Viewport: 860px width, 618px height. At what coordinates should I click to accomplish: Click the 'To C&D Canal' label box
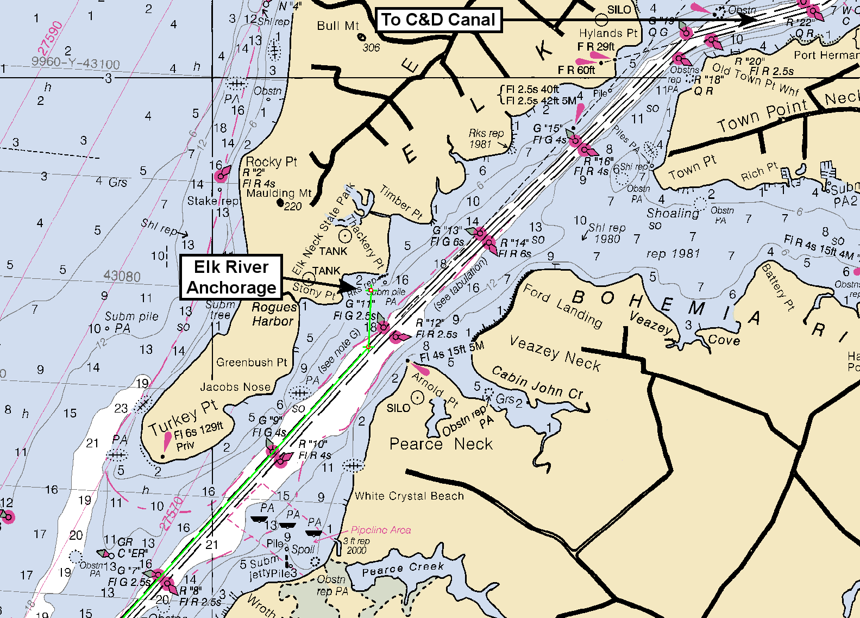pyautogui.click(x=438, y=20)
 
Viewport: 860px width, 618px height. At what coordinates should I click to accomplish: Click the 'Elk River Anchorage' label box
pyautogui.click(x=231, y=277)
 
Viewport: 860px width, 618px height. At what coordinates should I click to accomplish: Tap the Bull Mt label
pyautogui.click(x=338, y=26)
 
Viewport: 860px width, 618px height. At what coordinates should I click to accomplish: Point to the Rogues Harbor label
pyautogui.click(x=274, y=314)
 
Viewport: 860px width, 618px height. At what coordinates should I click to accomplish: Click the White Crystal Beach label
pyautogui.click(x=409, y=496)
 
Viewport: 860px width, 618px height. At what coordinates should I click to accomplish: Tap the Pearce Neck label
pyautogui.click(x=441, y=444)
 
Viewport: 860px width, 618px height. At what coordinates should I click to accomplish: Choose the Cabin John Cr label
pyautogui.click(x=537, y=382)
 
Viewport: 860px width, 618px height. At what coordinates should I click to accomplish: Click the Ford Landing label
pyautogui.click(x=563, y=306)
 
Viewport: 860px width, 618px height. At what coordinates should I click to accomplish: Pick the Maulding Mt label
pyautogui.click(x=279, y=193)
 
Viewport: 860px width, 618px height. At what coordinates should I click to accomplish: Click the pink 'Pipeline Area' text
pyautogui.click(x=381, y=530)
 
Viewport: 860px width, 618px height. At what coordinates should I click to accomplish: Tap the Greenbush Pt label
pyautogui.click(x=252, y=362)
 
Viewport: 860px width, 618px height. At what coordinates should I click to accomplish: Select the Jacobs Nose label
pyautogui.click(x=235, y=387)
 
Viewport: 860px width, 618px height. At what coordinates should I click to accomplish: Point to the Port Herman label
pyautogui.click(x=826, y=55)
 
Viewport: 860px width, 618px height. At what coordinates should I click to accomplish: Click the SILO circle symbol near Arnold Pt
pyautogui.click(x=417, y=398)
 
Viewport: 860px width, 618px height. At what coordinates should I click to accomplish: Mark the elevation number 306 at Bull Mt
pyautogui.click(x=371, y=48)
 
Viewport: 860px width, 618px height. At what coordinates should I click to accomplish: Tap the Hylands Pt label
pyautogui.click(x=608, y=33)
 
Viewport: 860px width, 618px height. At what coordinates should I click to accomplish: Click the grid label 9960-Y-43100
pyautogui.click(x=75, y=63)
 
